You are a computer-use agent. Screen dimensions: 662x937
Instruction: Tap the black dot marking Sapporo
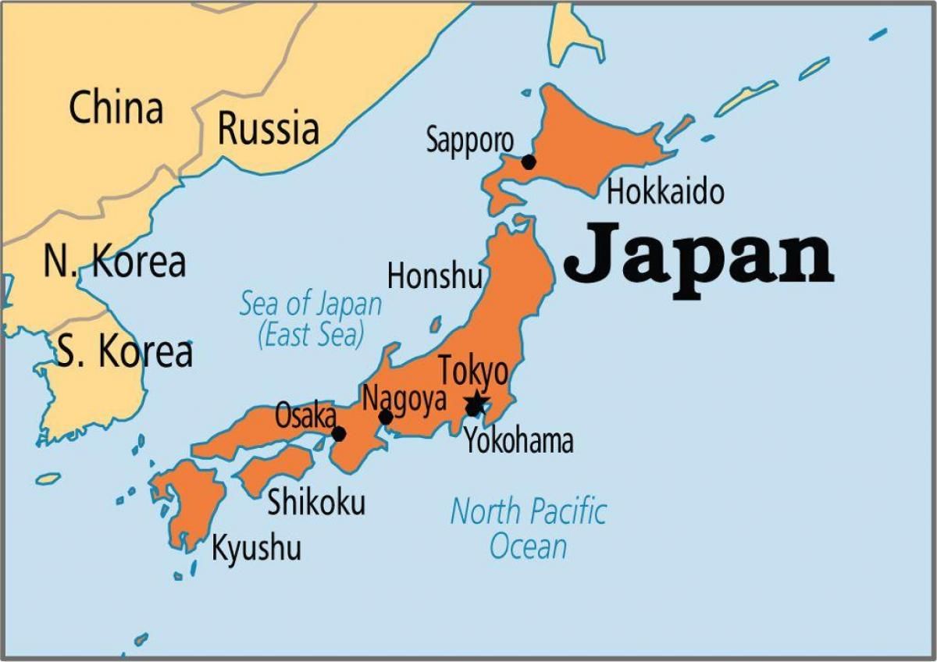[529, 162]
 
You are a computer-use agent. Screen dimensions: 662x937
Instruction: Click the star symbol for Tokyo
[475, 405]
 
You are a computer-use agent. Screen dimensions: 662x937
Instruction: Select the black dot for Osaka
[338, 434]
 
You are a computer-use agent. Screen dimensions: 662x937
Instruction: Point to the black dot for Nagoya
[386, 418]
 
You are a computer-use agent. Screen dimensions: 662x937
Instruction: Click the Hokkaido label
[665, 192]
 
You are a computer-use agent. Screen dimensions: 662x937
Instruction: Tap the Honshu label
[435, 276]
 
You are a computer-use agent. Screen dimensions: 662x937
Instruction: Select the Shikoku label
[316, 503]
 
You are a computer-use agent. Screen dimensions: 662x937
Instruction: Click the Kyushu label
[256, 548]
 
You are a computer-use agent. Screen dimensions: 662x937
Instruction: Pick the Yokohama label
[519, 442]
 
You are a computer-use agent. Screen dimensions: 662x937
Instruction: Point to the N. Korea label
[115, 262]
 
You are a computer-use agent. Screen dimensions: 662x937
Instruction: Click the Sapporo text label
[469, 141]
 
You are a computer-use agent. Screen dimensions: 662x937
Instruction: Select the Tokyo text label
[473, 372]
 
